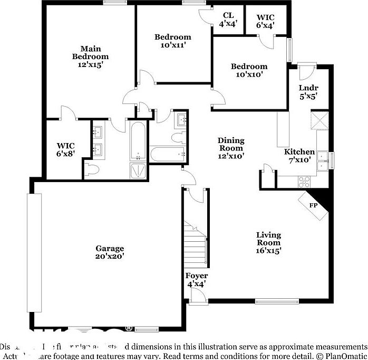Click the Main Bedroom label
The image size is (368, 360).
[x=90, y=56]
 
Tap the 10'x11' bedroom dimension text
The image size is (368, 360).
[x=172, y=45]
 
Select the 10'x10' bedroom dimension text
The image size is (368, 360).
[x=249, y=75]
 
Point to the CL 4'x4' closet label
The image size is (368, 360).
[x=228, y=20]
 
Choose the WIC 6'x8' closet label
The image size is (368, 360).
[x=66, y=149]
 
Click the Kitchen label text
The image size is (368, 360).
[x=299, y=152]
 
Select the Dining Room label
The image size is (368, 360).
[x=231, y=144]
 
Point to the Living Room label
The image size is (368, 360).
[x=268, y=242]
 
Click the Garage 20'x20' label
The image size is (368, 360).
[x=109, y=252]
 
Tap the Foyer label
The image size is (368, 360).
[x=196, y=276]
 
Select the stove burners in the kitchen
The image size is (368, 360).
[x=305, y=181]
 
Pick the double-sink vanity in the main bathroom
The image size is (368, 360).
[x=98, y=141]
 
